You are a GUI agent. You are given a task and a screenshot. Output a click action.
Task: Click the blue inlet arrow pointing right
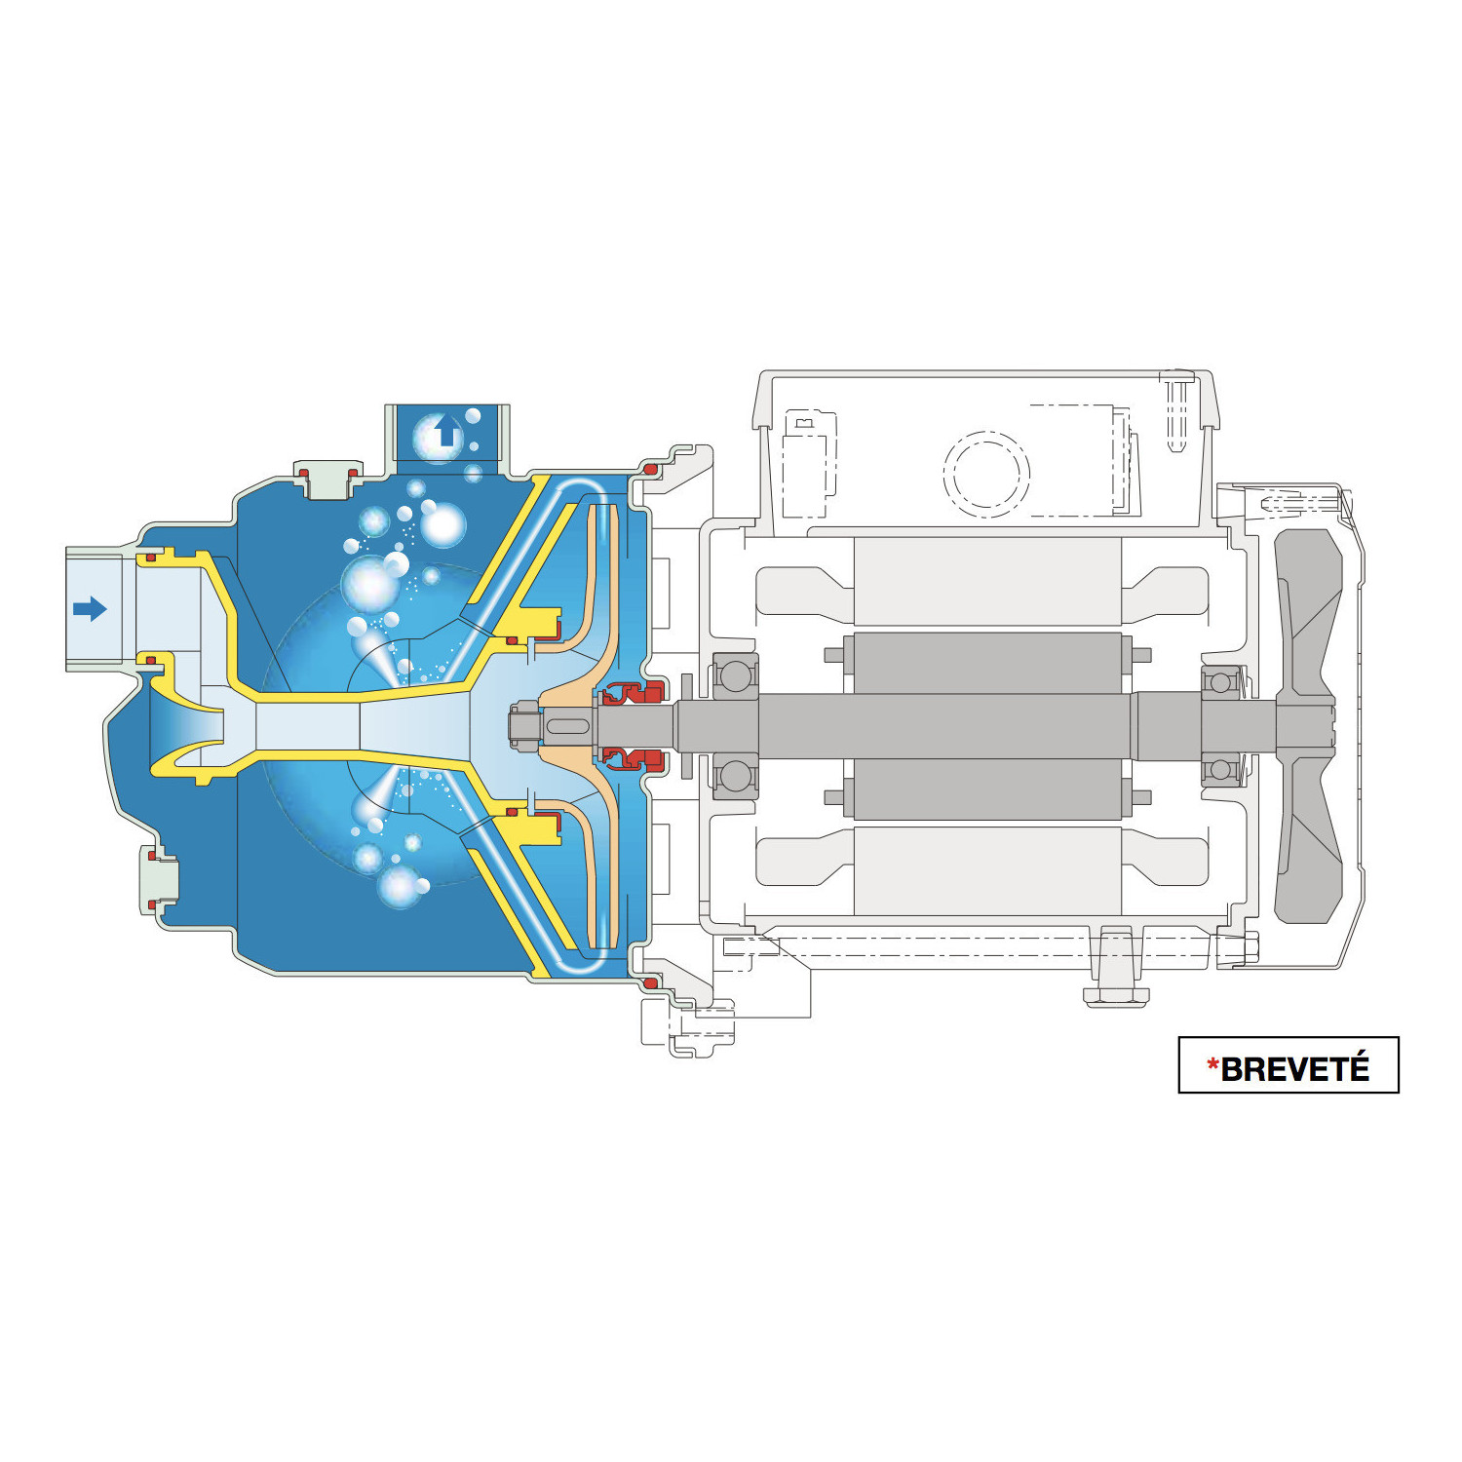pyautogui.click(x=90, y=609)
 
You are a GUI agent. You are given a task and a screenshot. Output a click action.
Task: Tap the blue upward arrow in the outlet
pyautogui.click(x=447, y=430)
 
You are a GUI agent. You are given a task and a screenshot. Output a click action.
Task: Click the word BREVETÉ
pyautogui.click(x=1294, y=1069)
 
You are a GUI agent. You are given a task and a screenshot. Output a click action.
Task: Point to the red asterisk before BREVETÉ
pyautogui.click(x=1212, y=1065)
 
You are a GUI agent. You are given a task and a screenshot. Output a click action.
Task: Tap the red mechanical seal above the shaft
pyautogui.click(x=632, y=694)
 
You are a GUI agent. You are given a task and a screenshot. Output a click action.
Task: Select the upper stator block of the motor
pyautogui.click(x=986, y=581)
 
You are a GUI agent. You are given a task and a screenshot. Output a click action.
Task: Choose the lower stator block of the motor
pyautogui.click(x=986, y=870)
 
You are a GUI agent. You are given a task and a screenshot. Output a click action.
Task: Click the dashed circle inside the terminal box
pyautogui.click(x=985, y=473)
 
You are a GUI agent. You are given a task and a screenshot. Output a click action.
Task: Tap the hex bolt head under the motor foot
pyautogui.click(x=1116, y=996)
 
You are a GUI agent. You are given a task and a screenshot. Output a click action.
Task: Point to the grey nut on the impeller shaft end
pyautogui.click(x=524, y=726)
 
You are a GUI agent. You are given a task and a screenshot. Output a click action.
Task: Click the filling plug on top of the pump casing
pyautogui.click(x=327, y=480)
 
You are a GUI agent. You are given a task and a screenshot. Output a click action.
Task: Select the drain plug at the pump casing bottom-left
pyautogui.click(x=160, y=883)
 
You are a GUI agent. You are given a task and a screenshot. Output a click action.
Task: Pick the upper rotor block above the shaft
pyautogui.click(x=986, y=663)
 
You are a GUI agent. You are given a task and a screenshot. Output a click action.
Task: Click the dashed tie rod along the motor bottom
pyautogui.click(x=975, y=944)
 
